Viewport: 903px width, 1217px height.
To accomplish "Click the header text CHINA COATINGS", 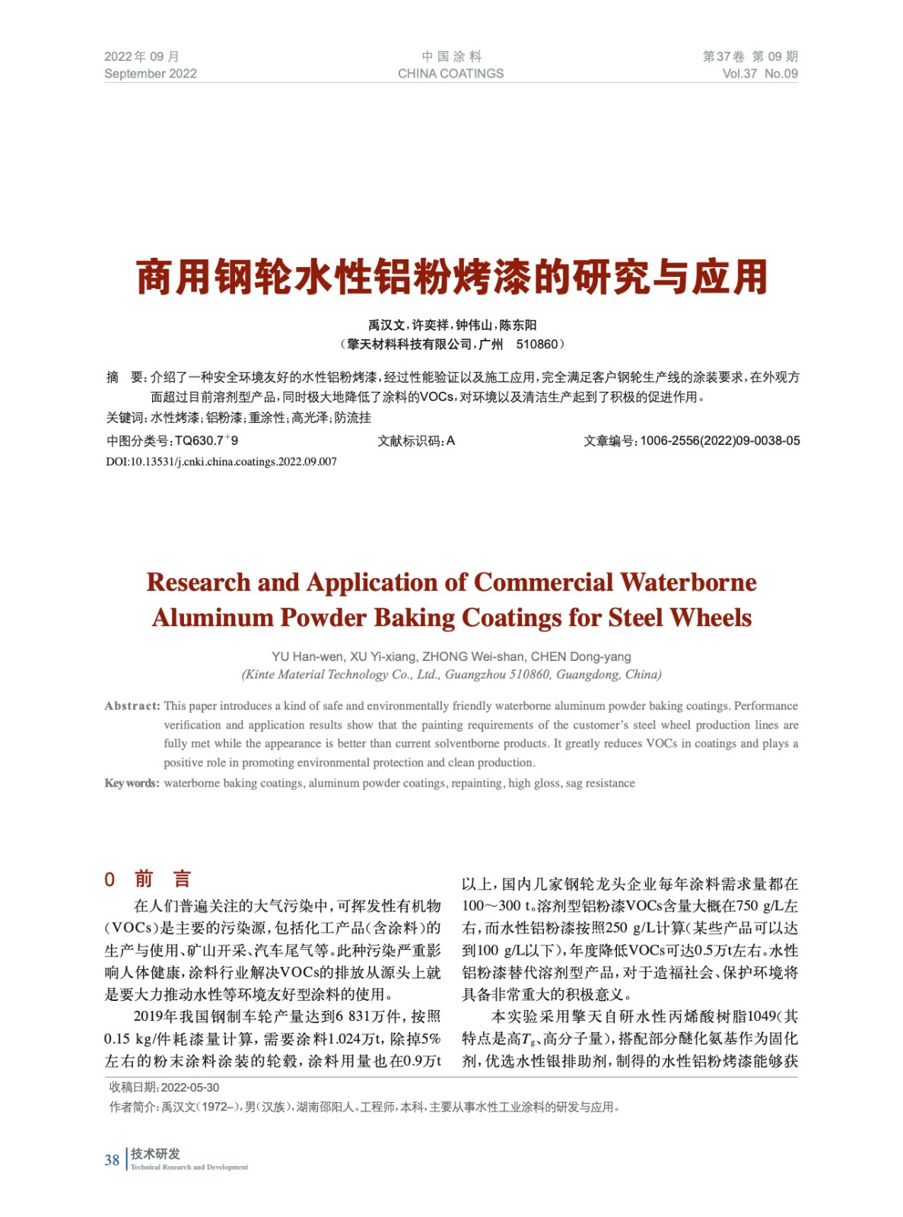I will pos(450,74).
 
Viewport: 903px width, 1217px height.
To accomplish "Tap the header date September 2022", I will pos(150,74).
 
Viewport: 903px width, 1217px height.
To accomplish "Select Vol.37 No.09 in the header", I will pos(759,74).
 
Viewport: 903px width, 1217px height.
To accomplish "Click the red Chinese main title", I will pos(451,277).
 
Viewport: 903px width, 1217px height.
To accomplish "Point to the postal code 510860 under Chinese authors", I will pos(536,345).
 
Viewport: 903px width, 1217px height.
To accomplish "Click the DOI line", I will pos(221,462).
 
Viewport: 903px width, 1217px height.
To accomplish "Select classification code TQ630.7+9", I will pos(205,441).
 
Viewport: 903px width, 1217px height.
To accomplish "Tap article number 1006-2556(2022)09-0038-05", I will pos(720,441).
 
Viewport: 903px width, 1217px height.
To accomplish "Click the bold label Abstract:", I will pos(132,706).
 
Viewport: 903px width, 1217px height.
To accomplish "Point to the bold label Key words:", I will pos(132,783).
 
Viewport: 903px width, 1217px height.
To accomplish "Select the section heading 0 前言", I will pos(148,879).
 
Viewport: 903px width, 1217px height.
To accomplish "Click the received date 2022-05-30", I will pos(190,1088).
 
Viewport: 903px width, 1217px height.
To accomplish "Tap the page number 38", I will pos(112,1160).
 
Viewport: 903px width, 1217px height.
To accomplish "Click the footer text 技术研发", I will pos(155,1154).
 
